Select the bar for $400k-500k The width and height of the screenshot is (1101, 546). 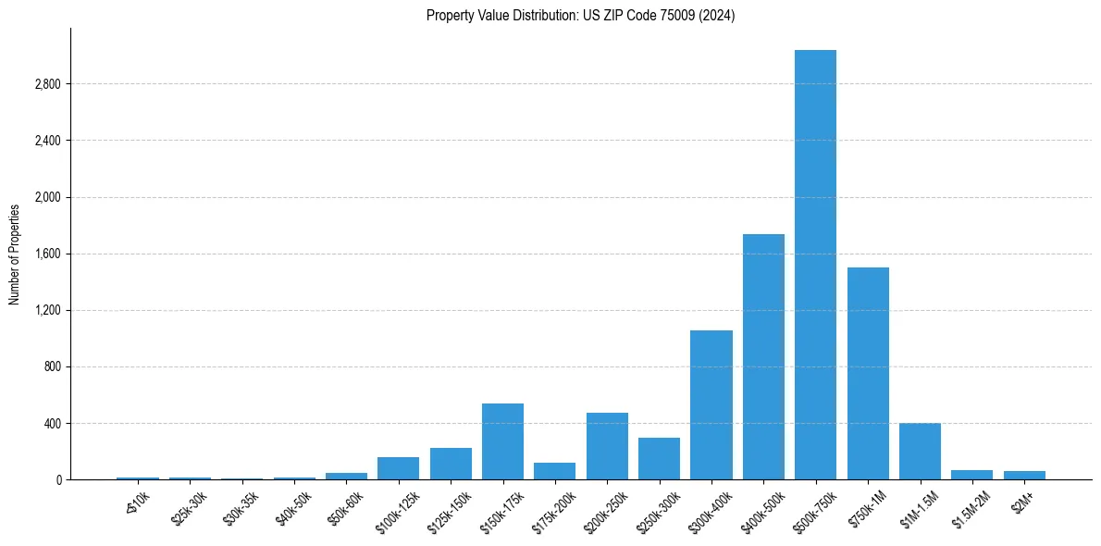tap(763, 357)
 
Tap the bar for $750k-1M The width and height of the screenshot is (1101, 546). tap(868, 374)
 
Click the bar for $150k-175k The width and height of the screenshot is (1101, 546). tap(502, 441)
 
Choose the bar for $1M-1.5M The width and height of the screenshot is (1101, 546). tap(920, 452)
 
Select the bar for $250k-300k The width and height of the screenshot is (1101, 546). tap(659, 459)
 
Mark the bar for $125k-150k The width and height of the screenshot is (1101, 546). tap(451, 464)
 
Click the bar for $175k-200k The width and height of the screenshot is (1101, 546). tap(554, 471)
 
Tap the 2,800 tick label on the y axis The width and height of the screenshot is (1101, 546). tap(47, 84)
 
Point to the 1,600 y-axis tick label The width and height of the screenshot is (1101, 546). tap(47, 254)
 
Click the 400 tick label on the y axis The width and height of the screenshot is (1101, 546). tap(52, 424)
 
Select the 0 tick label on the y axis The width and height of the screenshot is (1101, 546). tap(58, 480)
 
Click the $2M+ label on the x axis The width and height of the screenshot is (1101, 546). tap(1023, 501)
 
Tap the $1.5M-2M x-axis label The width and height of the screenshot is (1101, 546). tap(969, 508)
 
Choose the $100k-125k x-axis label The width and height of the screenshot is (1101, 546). tap(394, 510)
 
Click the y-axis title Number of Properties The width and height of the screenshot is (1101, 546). tap(15, 254)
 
